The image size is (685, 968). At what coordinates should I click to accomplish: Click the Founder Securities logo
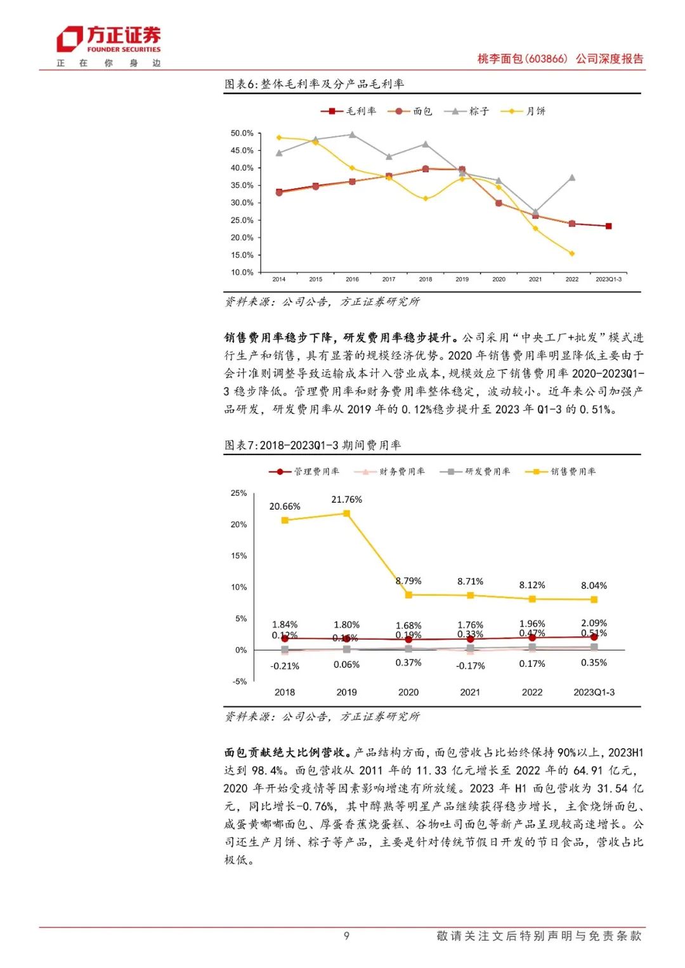pyautogui.click(x=108, y=40)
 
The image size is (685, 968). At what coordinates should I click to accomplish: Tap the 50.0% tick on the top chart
pyautogui.click(x=242, y=134)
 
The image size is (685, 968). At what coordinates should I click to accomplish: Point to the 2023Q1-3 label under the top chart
pyautogui.click(x=608, y=279)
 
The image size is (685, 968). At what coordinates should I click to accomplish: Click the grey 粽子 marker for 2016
pyautogui.click(x=352, y=134)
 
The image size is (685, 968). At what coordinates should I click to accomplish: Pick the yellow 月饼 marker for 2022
pyautogui.click(x=572, y=254)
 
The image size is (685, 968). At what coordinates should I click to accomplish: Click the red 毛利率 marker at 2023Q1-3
pyautogui.click(x=608, y=226)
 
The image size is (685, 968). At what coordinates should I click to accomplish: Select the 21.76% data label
pyautogui.click(x=346, y=500)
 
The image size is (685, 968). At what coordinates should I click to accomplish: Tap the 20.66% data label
pyautogui.click(x=285, y=507)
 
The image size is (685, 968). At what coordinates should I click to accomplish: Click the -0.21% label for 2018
pyautogui.click(x=285, y=666)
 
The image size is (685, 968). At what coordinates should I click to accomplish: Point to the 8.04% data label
pyautogui.click(x=594, y=586)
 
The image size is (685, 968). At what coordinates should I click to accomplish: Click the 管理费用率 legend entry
pyautogui.click(x=304, y=472)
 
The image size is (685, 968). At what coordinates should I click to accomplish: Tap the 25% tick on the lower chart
pyautogui.click(x=239, y=493)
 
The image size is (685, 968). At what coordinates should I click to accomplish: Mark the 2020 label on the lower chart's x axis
pyautogui.click(x=408, y=692)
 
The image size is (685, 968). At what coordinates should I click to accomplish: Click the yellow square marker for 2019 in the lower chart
pyautogui.click(x=346, y=513)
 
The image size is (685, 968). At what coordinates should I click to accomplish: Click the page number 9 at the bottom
pyautogui.click(x=346, y=936)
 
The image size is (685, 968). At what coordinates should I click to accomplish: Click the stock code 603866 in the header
pyautogui.click(x=547, y=59)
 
